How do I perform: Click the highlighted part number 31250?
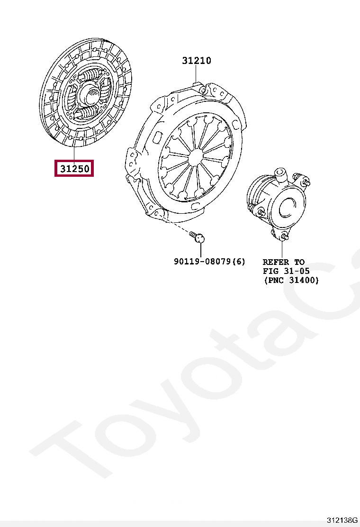click(74, 168)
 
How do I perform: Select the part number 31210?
click(197, 61)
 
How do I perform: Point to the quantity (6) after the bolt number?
click(238, 261)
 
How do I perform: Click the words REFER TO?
click(283, 262)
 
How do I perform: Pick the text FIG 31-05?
click(286, 271)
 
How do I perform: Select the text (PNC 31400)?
click(291, 280)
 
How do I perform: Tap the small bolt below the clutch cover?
click(198, 236)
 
